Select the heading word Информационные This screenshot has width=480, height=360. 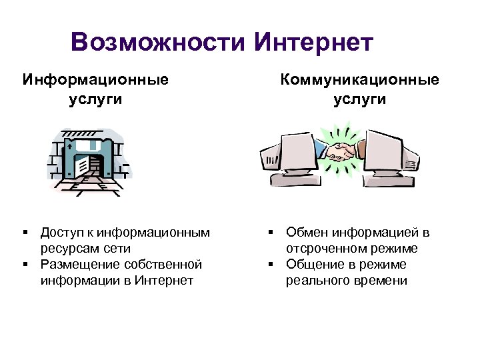pos(95,80)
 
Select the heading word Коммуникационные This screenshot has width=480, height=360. pos(360,80)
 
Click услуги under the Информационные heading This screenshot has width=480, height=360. pos(95,99)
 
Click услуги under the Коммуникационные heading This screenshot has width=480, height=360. pos(360,99)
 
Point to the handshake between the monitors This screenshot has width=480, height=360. pos(341,152)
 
